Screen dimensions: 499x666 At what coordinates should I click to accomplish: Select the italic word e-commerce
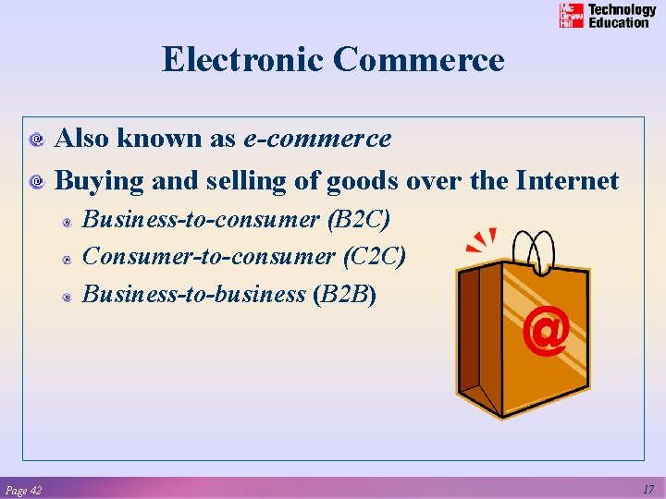(x=317, y=140)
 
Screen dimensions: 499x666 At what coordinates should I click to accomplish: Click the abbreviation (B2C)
(x=359, y=220)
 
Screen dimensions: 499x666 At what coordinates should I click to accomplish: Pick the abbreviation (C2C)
(x=374, y=257)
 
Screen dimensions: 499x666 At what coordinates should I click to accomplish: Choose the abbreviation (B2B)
(x=344, y=295)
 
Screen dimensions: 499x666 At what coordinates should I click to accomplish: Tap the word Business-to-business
(x=194, y=295)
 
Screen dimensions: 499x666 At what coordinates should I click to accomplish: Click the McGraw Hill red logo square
(x=572, y=16)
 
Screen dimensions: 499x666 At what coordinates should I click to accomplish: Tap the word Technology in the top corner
(x=623, y=10)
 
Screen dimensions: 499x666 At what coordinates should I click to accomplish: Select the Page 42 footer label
(x=23, y=490)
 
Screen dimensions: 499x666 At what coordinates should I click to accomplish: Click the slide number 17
(x=647, y=489)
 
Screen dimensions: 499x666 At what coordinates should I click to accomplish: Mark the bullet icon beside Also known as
(x=37, y=140)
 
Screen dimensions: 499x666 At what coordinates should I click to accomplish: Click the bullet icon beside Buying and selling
(x=37, y=182)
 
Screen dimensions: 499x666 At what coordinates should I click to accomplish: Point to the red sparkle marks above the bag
(x=482, y=241)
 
